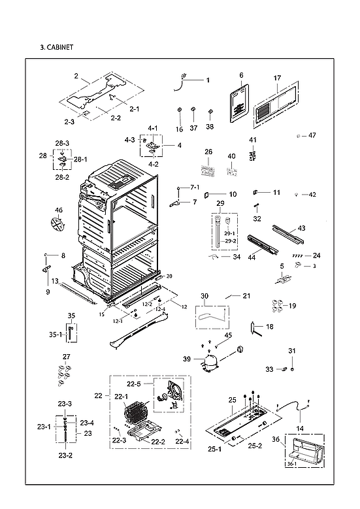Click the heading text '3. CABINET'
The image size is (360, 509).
coord(56,47)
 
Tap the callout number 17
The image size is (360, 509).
coord(277,78)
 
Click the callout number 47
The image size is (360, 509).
coord(312,135)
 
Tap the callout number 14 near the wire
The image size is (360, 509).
coord(300,428)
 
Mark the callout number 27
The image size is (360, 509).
coord(66,356)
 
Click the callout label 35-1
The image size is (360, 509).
coord(56,334)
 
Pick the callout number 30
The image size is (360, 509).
coord(205,296)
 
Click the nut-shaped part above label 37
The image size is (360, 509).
coord(193,108)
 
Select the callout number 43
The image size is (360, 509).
coord(301,228)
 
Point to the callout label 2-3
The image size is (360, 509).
coord(69,122)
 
